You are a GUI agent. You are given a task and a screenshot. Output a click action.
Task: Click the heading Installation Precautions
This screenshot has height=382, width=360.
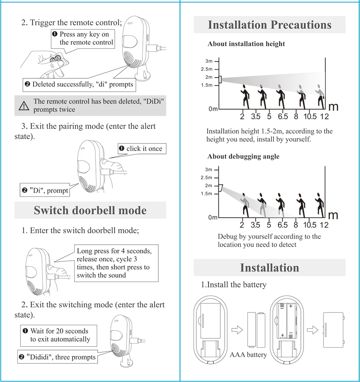pos(270,25)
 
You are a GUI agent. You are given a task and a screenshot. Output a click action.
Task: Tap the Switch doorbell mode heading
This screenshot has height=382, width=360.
pos(90,210)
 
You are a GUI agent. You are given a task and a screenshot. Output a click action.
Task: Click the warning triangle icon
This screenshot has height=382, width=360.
pos(24,106)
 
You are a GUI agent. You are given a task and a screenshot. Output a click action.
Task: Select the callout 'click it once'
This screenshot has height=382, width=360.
pos(142,149)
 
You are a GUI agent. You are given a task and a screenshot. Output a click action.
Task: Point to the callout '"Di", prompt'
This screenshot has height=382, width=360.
pos(45,190)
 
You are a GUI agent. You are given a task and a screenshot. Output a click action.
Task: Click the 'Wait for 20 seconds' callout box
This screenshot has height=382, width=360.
pos(59,335)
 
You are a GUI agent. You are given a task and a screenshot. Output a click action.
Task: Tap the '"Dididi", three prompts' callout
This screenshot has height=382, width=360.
pos(58,357)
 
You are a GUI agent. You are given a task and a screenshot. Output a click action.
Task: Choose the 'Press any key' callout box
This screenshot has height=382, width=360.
pos(83,38)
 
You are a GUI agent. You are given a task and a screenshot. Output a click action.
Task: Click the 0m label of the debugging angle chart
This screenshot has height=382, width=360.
pos(213,218)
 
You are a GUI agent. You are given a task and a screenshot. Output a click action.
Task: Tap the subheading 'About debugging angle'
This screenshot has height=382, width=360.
pos(243,156)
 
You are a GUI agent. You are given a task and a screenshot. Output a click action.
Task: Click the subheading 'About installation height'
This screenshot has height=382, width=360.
pos(246,44)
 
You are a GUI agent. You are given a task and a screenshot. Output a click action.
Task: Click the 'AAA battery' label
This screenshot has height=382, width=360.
pos(248,355)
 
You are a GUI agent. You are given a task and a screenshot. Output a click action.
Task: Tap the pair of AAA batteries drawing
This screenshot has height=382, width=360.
pos(256,330)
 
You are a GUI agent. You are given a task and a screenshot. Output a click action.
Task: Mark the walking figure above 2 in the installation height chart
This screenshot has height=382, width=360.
pos(244,96)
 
